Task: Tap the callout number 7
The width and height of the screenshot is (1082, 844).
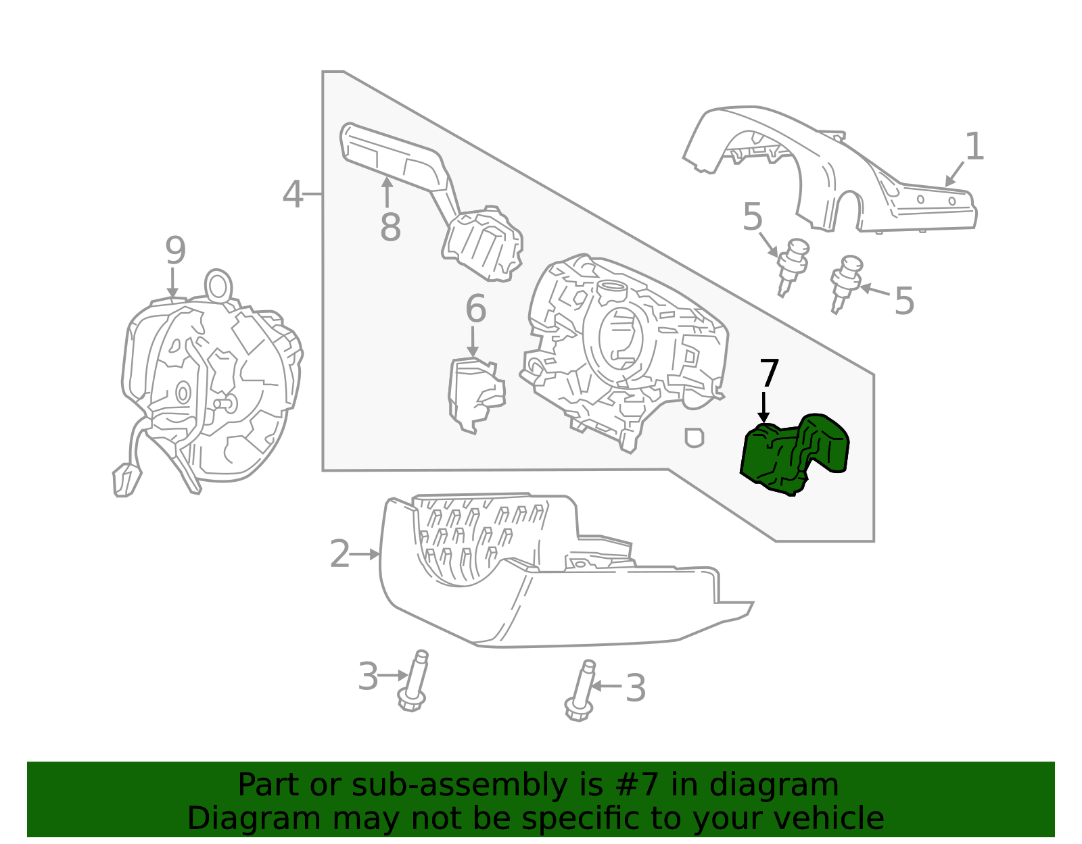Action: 769,373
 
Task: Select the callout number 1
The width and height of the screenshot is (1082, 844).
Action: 974,146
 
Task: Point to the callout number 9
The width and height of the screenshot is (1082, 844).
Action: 175,251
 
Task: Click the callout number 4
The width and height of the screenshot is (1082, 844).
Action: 293,194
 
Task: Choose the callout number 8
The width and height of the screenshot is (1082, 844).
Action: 390,227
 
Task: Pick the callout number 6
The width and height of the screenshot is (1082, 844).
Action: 475,308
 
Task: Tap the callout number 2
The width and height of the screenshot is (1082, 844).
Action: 340,554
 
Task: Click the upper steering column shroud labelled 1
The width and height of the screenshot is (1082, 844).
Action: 829,169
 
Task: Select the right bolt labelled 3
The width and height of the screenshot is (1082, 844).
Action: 581,691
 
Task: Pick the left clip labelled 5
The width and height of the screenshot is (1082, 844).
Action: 793,266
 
